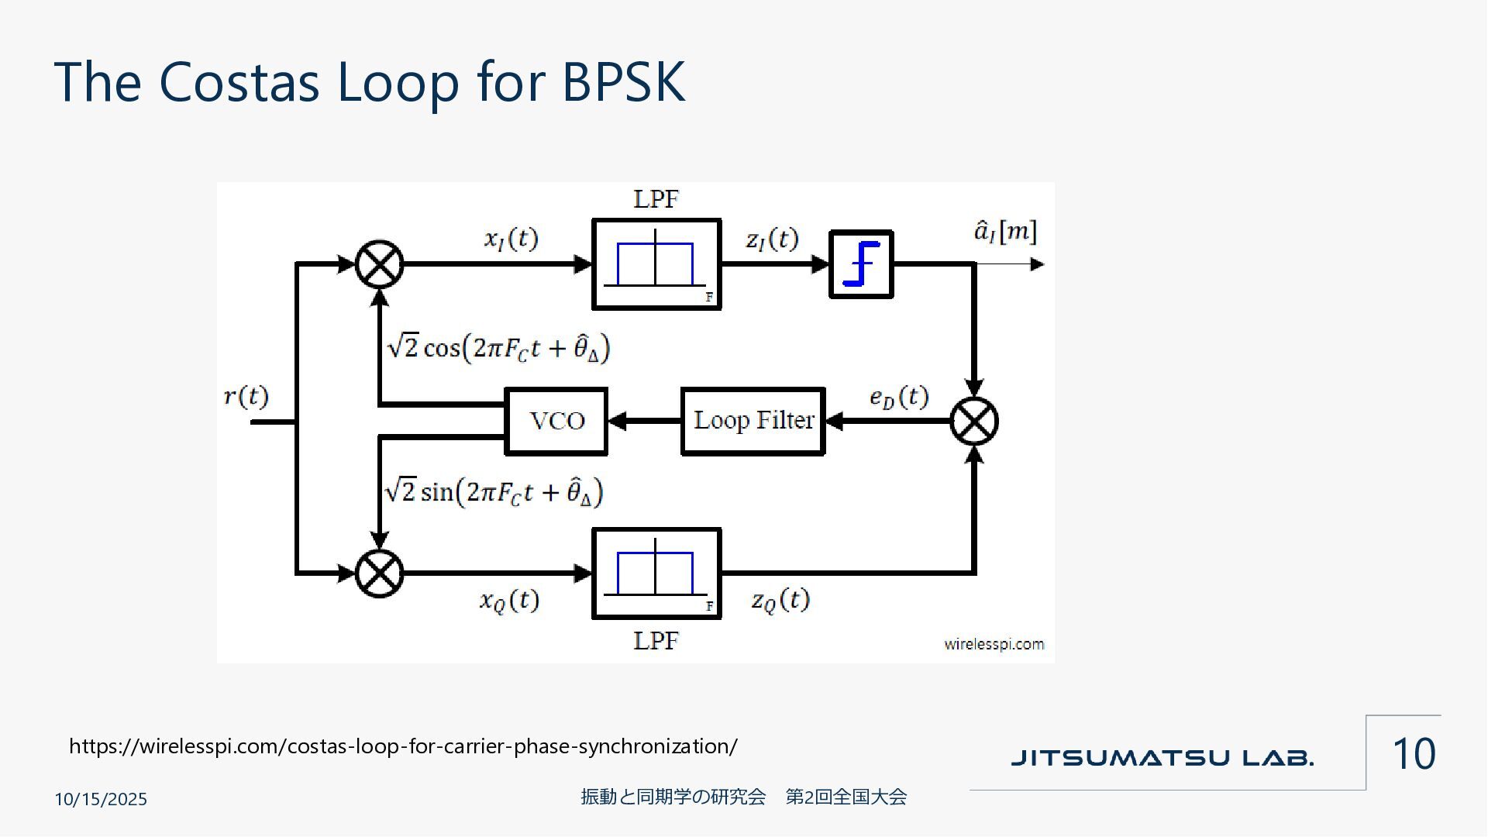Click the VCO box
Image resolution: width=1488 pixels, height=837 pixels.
(x=556, y=421)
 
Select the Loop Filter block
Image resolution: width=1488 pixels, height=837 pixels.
(x=753, y=421)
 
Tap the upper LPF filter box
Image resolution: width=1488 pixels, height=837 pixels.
(x=656, y=264)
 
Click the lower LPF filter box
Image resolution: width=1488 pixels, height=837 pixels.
(x=656, y=573)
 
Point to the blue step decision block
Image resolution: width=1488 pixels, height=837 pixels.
(x=861, y=264)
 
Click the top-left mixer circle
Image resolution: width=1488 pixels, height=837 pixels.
(x=379, y=264)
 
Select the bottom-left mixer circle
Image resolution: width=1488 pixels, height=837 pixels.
(x=379, y=573)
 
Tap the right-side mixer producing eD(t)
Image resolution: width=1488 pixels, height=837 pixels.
(x=974, y=421)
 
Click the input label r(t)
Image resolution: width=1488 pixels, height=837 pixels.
(x=246, y=397)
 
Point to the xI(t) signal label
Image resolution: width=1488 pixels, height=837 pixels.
(x=511, y=239)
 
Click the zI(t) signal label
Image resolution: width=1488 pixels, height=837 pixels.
(x=772, y=239)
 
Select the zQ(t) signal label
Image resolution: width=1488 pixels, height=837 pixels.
(x=780, y=600)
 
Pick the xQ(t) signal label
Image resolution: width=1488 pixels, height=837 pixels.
(x=509, y=600)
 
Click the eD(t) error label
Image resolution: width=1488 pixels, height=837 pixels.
(x=898, y=398)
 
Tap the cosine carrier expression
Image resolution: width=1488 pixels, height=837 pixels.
(x=498, y=347)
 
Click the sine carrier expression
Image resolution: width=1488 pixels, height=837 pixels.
(x=494, y=492)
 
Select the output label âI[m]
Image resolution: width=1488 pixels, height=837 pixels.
(x=1005, y=232)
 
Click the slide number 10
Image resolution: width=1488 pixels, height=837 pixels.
(x=1414, y=753)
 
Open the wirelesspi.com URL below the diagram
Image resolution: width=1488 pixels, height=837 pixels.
(x=403, y=746)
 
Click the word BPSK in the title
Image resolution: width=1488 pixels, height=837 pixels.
(x=623, y=81)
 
